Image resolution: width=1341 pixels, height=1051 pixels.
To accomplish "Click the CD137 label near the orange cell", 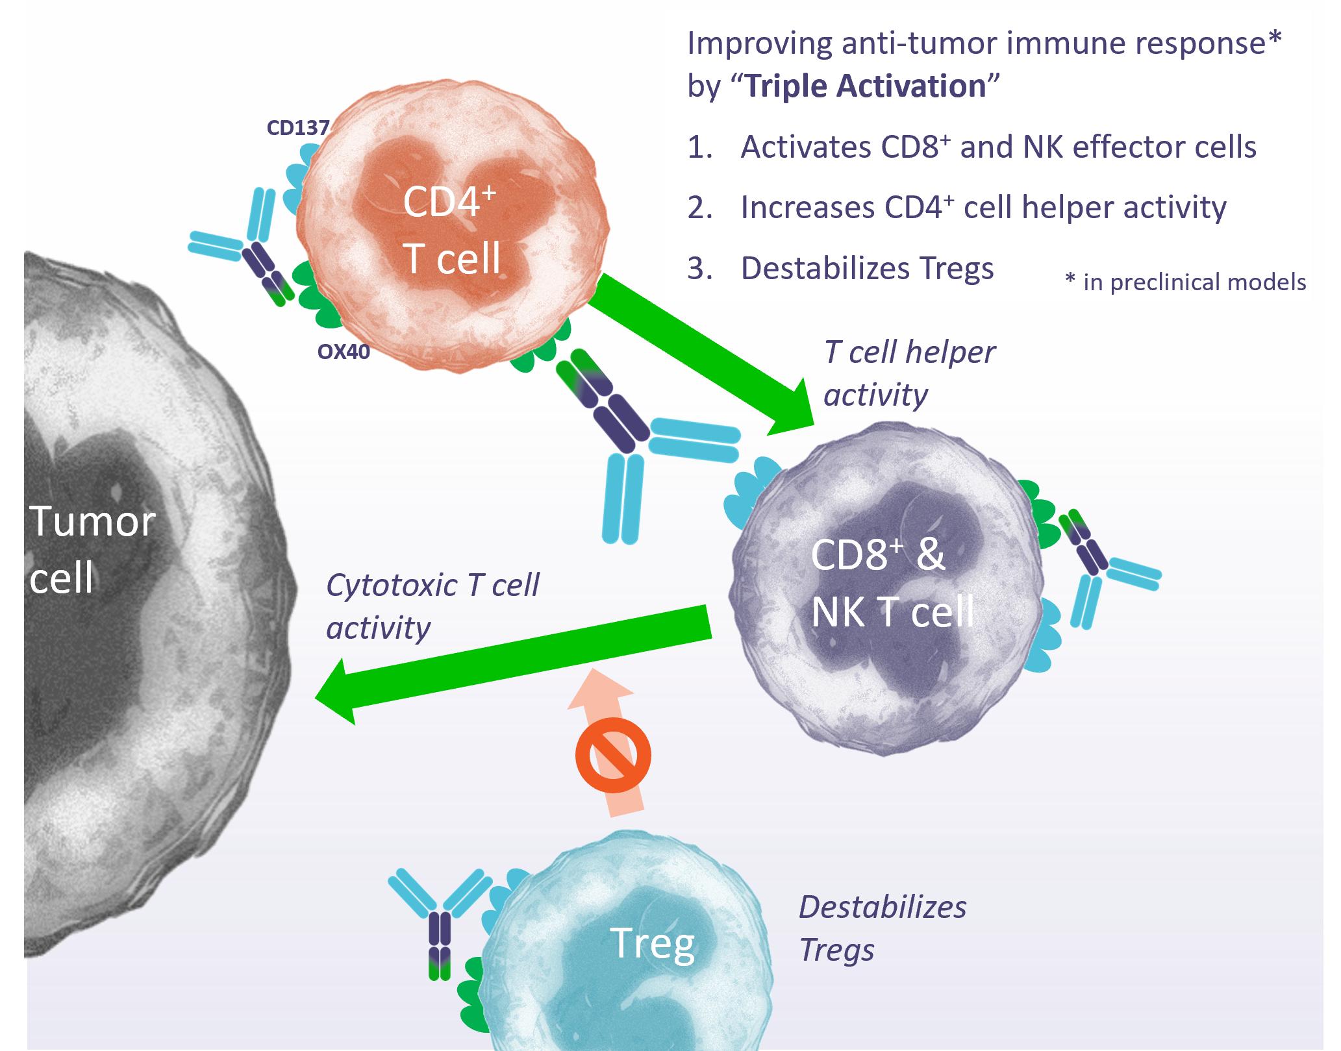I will pos(298,128).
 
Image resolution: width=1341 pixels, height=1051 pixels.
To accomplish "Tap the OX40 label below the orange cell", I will pos(344,352).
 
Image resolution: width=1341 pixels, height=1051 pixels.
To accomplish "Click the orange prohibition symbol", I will pos(612,755).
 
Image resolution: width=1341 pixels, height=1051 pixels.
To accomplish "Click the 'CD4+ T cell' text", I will pos(451,230).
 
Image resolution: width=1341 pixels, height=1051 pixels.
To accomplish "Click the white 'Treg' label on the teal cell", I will pos(652,942).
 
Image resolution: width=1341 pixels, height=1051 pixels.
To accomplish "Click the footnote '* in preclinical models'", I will pos(1185,282).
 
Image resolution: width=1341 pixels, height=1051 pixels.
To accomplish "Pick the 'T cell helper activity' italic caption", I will pos(909,373).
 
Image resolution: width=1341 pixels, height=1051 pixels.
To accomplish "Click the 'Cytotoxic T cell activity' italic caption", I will pos(432,606).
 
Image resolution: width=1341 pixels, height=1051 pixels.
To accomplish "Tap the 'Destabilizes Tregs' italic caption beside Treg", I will pos(882,928).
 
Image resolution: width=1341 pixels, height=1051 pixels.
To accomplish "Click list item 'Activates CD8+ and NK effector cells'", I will pos(997,147).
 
